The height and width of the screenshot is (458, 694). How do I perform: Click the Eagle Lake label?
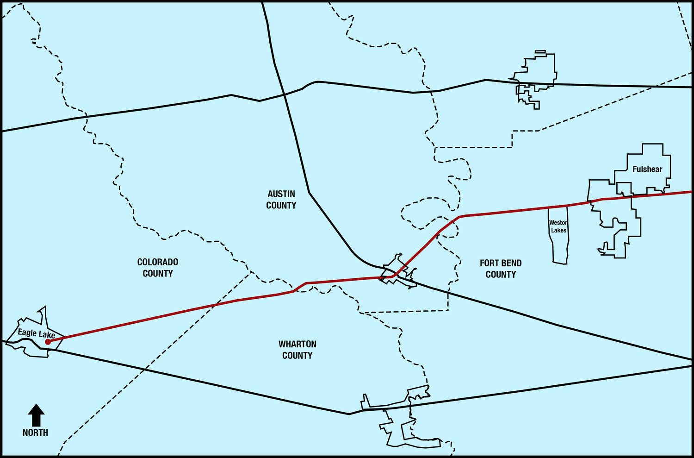tap(37, 333)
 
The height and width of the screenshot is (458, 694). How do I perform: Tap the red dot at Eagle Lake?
tap(48, 342)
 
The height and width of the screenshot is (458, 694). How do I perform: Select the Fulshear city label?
tap(647, 169)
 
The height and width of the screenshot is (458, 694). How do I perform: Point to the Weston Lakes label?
tap(558, 226)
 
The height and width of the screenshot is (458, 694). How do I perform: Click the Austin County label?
tap(281, 200)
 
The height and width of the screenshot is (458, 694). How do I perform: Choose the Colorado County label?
tap(158, 268)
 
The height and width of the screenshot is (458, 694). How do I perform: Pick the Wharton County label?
tap(297, 350)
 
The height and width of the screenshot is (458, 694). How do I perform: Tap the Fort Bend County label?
tap(501, 269)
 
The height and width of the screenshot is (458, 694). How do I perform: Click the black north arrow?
tap(36, 415)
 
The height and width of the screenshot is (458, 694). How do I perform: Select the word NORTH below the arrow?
tap(36, 433)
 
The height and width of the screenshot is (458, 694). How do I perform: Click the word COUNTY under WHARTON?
tap(297, 356)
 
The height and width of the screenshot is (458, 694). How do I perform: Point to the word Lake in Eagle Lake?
tap(47, 334)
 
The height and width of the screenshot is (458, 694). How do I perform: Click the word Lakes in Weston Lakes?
tap(559, 230)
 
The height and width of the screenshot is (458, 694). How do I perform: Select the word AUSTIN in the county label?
tap(281, 194)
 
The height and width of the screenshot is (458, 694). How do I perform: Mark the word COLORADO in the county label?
tap(158, 262)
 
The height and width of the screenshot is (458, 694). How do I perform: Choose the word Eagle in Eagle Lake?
tap(27, 332)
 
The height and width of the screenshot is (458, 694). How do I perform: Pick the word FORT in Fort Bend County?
tap(489, 263)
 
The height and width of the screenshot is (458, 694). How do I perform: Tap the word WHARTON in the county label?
tap(297, 344)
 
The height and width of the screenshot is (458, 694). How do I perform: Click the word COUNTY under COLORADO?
tap(158, 274)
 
